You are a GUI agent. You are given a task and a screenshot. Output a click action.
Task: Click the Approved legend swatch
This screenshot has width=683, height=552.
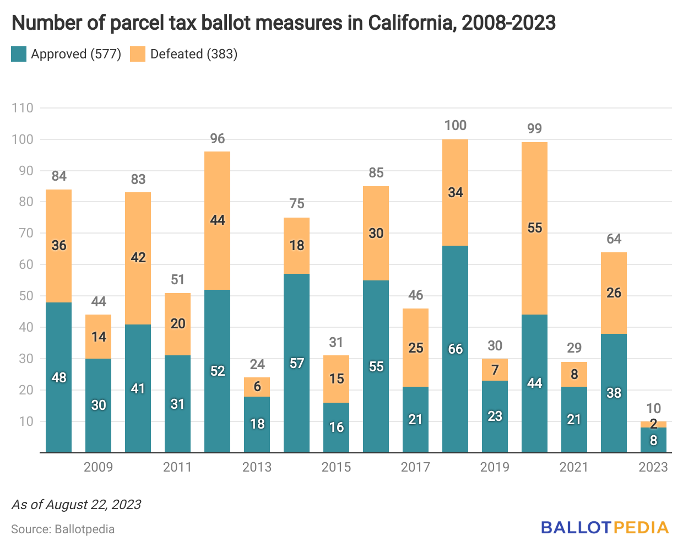pyautogui.click(x=19, y=54)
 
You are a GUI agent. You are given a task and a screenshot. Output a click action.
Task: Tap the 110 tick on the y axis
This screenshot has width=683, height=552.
pyautogui.click(x=23, y=108)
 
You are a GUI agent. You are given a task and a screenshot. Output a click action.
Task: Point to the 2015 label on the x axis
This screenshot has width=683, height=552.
pyautogui.click(x=336, y=467)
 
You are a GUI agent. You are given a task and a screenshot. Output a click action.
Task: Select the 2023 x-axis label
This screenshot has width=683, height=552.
pyautogui.click(x=653, y=467)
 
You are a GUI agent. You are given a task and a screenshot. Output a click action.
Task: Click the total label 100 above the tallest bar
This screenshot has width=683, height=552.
pyautogui.click(x=456, y=126)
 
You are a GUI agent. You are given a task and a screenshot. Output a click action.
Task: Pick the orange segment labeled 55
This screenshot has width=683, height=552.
pyautogui.click(x=534, y=228)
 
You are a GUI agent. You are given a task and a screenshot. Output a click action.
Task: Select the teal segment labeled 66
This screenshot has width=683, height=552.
pyautogui.click(x=456, y=349)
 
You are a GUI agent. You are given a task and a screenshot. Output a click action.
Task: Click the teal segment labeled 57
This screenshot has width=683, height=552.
pyautogui.click(x=297, y=364)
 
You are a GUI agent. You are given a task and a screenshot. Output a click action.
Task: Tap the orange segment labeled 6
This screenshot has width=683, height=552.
pyautogui.click(x=257, y=387)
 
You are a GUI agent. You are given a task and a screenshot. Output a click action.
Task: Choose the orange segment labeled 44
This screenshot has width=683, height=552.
pyautogui.click(x=218, y=220)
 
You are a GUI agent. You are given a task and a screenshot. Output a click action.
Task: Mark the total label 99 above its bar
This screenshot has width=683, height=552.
pyautogui.click(x=534, y=129)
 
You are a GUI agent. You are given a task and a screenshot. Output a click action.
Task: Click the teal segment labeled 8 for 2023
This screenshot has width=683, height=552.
pyautogui.click(x=653, y=441)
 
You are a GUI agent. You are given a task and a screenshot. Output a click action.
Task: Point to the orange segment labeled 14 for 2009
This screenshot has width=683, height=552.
pyautogui.click(x=99, y=337)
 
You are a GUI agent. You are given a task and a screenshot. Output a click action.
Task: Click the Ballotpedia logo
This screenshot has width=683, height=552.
pyautogui.click(x=605, y=527)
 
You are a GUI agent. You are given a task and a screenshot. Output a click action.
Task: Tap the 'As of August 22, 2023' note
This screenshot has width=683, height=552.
pyautogui.click(x=77, y=505)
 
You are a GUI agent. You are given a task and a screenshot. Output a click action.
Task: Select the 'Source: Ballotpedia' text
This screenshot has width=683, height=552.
pyautogui.click(x=63, y=529)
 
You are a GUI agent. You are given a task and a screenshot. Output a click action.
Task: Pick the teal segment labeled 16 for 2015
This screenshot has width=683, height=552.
pyautogui.click(x=337, y=427)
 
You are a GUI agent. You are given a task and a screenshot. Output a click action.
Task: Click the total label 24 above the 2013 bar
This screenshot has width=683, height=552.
pyautogui.click(x=257, y=365)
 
